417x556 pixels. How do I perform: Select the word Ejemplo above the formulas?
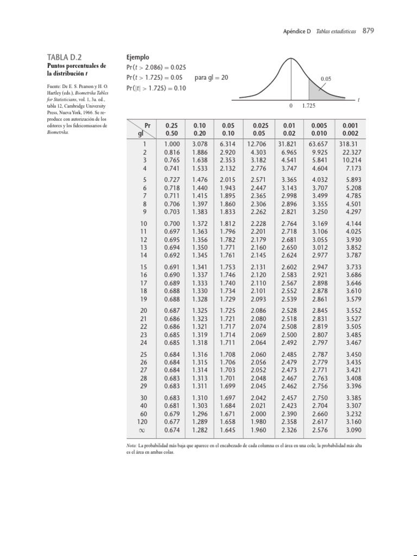137,57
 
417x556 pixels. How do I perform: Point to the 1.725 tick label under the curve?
309,105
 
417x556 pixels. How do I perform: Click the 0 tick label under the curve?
291,105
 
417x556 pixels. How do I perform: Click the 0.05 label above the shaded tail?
325,79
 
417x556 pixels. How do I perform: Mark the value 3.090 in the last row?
351,429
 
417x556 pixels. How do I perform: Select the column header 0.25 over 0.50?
172,129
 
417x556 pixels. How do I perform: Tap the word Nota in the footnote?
131,445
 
